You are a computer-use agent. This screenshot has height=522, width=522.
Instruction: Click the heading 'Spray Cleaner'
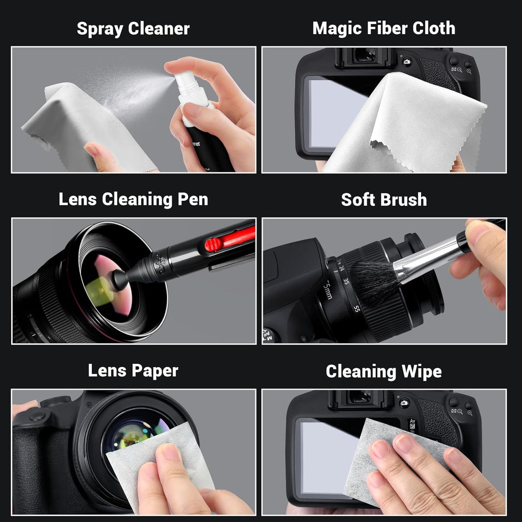tap(133, 29)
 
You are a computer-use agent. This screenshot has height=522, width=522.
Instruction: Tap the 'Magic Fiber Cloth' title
tap(383, 29)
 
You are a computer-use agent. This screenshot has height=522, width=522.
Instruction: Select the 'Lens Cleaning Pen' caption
tap(133, 199)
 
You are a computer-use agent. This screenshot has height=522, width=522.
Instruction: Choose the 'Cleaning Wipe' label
tap(383, 372)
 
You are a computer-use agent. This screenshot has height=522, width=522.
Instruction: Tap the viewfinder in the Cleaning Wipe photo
tap(360, 397)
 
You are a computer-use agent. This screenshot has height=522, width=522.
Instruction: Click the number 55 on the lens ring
tap(357, 308)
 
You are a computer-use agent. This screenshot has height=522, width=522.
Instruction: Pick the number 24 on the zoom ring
tap(341, 269)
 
